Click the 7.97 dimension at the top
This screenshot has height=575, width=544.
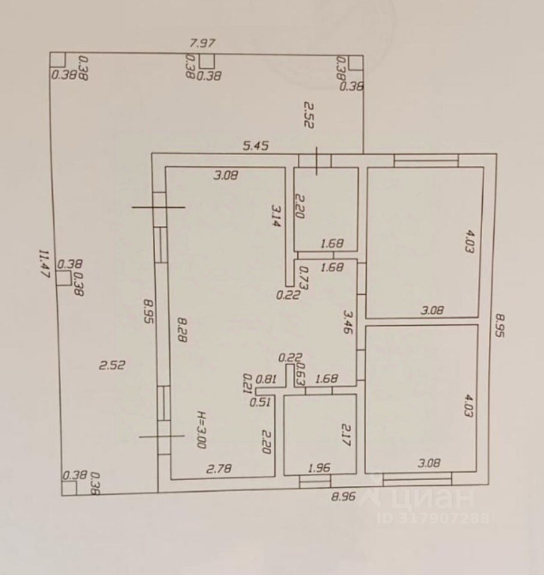202,43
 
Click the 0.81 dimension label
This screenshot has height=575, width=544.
266,379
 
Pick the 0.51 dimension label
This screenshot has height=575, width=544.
259,402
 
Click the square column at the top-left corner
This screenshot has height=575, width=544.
57,60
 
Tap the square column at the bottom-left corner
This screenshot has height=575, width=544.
69,488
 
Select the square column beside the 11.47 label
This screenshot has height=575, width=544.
63,278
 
